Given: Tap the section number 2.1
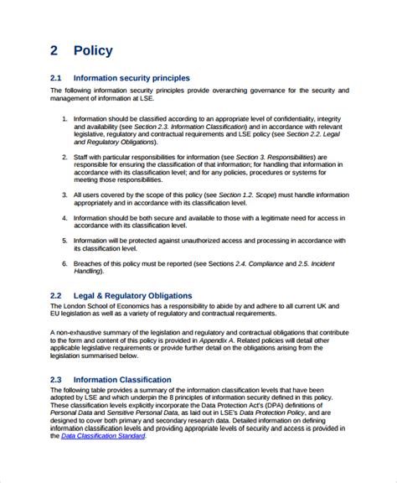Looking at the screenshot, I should [x=56, y=78].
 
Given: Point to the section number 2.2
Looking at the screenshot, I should [x=56, y=296].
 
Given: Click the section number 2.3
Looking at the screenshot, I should [x=56, y=379].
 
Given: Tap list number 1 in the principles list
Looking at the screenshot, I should [x=65, y=120].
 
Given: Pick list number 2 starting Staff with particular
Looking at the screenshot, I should [x=65, y=158].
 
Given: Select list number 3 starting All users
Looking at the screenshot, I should [x=65, y=194].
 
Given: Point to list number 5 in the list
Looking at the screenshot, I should [x=65, y=240].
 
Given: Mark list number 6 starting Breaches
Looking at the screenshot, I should [x=65, y=263].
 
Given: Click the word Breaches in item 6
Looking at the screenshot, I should [x=90, y=263].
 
